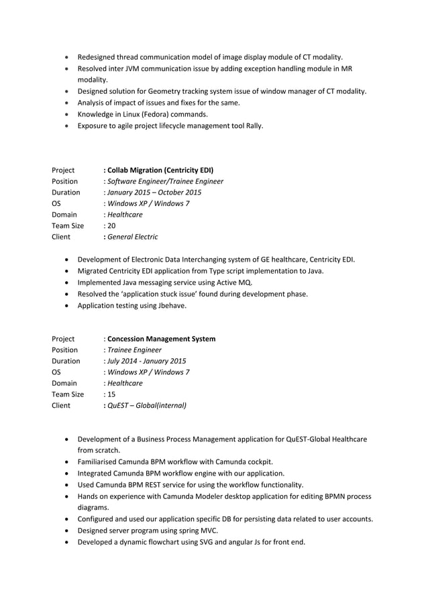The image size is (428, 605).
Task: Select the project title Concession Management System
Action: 161,339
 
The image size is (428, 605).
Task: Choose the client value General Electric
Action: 133,237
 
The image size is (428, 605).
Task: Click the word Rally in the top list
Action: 254,125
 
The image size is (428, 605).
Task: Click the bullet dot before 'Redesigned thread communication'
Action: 68,57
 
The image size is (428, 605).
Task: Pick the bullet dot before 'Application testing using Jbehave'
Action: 68,305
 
